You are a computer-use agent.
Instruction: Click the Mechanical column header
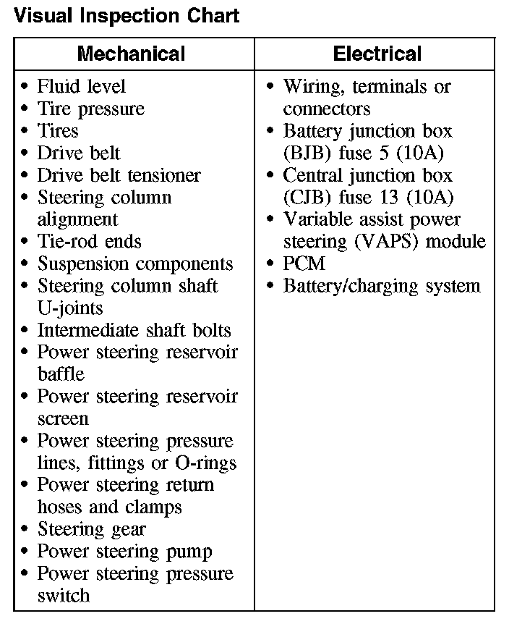(x=131, y=54)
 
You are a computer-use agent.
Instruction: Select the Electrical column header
(x=377, y=54)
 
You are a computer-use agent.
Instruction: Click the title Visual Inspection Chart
(x=127, y=15)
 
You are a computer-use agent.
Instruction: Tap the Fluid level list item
(x=82, y=87)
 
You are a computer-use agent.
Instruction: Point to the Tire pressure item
(x=91, y=109)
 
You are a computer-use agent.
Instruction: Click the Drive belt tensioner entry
(x=119, y=175)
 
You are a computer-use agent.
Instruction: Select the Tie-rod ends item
(x=90, y=242)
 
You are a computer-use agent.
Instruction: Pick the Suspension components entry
(x=135, y=264)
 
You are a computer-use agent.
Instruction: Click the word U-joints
(x=70, y=308)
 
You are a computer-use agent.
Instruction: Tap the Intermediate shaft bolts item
(x=134, y=331)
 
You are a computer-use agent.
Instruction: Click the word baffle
(x=61, y=374)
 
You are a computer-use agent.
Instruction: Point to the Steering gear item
(x=91, y=529)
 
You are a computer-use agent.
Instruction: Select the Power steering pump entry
(x=124, y=552)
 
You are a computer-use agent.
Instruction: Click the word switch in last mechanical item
(x=64, y=596)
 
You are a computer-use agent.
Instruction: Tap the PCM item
(x=304, y=264)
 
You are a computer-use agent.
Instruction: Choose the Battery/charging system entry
(x=381, y=286)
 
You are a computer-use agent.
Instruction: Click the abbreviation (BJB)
(x=308, y=153)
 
